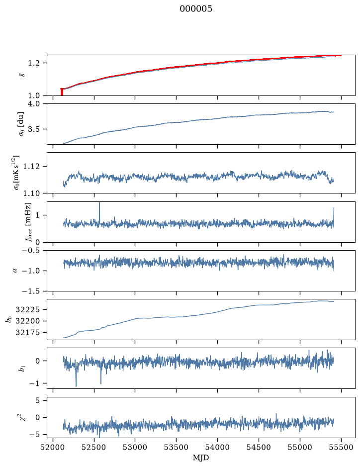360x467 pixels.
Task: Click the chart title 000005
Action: point(195,8)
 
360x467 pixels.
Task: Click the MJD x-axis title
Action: point(201,458)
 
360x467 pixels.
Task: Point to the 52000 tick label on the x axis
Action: point(53,447)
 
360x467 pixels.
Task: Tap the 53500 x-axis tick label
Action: point(177,447)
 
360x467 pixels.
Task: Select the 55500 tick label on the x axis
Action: point(341,447)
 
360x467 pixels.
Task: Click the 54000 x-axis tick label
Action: point(218,447)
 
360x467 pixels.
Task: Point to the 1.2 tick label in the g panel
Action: point(34,63)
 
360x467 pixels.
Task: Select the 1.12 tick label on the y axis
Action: point(31,166)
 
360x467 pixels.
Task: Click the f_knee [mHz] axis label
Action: point(28,222)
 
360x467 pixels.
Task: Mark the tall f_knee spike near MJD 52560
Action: point(99,212)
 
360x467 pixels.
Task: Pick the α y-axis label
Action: point(15,271)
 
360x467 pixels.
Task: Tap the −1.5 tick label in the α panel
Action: point(31,291)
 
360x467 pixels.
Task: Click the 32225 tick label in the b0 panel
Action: point(27,310)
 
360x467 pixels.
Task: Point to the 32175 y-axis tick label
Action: point(27,332)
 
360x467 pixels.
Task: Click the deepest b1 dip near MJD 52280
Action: point(76,385)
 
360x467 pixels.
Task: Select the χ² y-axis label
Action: point(22,417)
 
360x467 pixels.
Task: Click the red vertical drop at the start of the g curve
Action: point(62,92)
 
